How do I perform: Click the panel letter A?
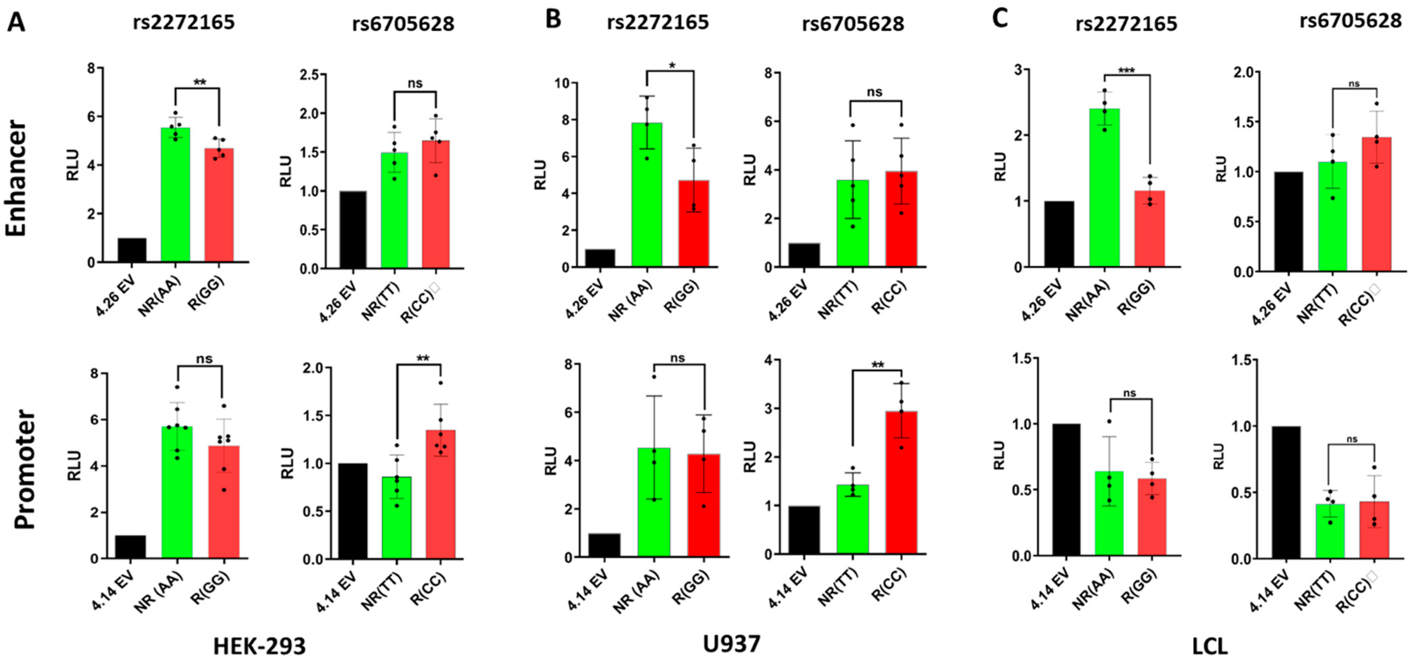(x=16, y=22)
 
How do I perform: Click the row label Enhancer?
(x=16, y=178)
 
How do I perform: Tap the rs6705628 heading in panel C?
(x=1350, y=21)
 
